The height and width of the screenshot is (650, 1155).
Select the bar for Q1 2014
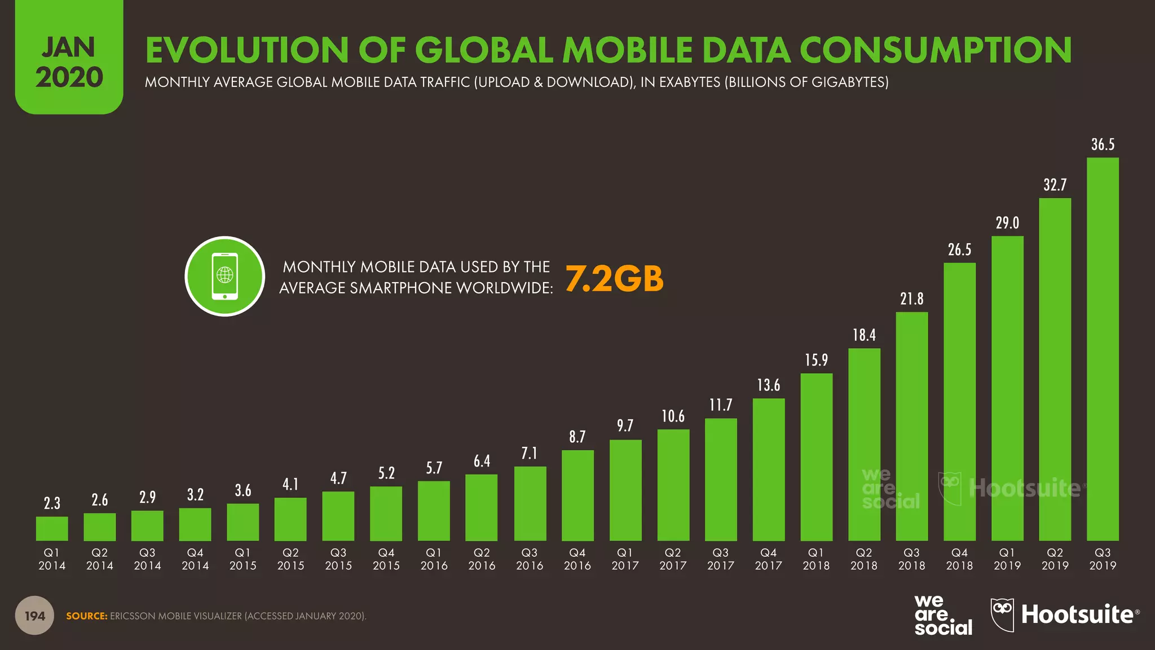pos(52,529)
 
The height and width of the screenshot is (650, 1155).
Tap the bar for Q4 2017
pos(768,469)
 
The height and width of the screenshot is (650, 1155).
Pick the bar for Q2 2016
pos(482,507)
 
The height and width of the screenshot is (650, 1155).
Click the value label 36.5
pos(1103,144)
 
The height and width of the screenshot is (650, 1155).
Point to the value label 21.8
pos(911,298)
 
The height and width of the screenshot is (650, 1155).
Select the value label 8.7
pos(577,437)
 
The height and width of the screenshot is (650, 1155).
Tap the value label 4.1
pos(290,484)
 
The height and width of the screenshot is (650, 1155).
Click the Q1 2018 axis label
pos(816,559)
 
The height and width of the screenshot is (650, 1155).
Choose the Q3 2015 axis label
pos(338,559)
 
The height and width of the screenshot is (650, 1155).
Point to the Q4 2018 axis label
pos(959,559)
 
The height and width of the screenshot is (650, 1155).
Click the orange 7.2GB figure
pos(614,279)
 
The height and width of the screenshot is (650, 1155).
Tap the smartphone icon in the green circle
pos(224,276)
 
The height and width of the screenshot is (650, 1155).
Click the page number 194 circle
pos(34,616)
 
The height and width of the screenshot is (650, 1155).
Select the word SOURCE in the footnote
pos(86,616)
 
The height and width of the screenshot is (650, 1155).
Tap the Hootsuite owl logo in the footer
pos(1002,614)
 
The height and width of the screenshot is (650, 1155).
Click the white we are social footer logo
pos(943,616)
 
